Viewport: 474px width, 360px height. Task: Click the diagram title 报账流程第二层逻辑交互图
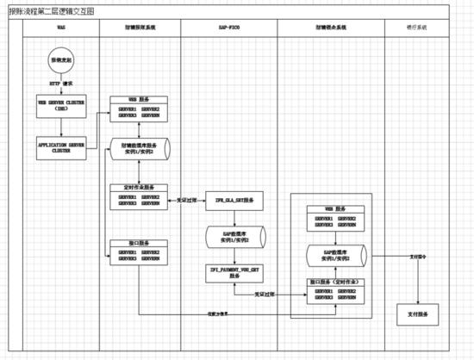[52, 10]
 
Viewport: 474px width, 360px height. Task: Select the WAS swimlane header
[60, 28]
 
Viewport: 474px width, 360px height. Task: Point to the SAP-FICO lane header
[229, 28]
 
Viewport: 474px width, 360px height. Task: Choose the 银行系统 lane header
[416, 28]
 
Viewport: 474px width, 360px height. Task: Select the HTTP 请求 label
[60, 84]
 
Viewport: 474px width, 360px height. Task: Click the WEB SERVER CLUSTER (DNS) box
[60, 104]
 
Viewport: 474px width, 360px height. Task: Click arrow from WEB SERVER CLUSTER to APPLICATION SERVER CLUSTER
[60, 125]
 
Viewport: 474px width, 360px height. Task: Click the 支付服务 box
[416, 314]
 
